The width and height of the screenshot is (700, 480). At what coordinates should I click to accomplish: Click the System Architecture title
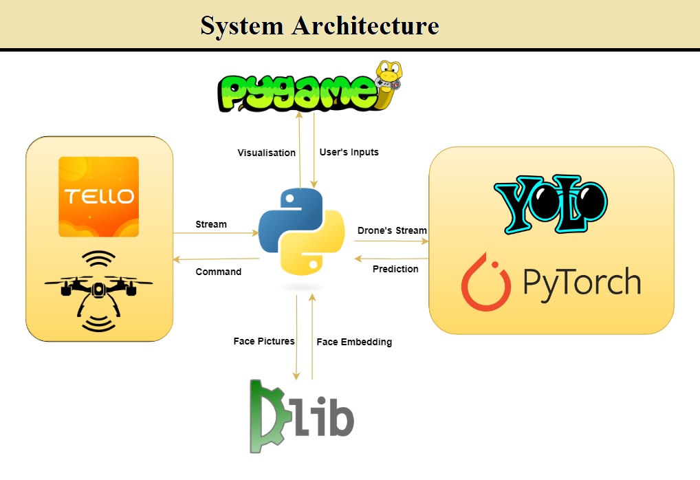click(x=320, y=25)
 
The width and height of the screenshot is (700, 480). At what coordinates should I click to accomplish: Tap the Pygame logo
click(x=309, y=87)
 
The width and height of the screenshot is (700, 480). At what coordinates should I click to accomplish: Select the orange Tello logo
click(x=98, y=197)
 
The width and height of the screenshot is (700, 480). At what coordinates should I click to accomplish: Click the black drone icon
click(x=98, y=291)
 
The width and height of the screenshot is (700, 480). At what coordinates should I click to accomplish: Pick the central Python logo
click(x=302, y=232)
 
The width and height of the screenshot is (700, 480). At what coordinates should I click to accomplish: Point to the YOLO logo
click(x=551, y=204)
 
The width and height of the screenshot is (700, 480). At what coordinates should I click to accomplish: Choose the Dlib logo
click(x=302, y=416)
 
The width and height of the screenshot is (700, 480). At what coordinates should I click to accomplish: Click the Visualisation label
click(x=267, y=153)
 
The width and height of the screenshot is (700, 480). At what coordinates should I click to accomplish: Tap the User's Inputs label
click(x=349, y=152)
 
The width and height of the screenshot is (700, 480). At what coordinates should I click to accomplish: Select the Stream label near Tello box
click(x=211, y=224)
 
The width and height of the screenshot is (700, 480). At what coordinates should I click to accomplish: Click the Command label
click(x=218, y=272)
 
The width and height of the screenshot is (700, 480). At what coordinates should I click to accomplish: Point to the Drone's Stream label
click(x=392, y=230)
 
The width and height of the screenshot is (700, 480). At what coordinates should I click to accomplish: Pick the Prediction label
click(x=395, y=269)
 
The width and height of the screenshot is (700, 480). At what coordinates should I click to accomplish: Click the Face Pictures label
click(x=264, y=341)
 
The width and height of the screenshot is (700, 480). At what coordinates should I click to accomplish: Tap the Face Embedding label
click(x=354, y=342)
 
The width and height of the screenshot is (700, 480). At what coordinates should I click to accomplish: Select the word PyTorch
click(x=582, y=283)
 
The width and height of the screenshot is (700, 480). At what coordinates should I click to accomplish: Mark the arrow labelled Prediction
click(x=391, y=258)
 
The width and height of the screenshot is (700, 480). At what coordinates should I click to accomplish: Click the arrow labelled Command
click(x=216, y=259)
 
